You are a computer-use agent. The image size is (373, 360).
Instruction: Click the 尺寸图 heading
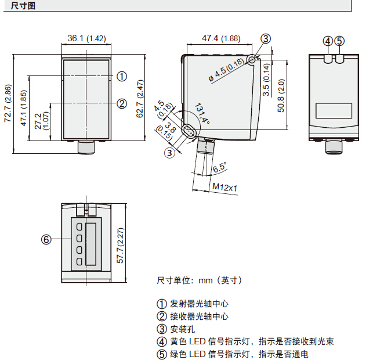coord(23,5)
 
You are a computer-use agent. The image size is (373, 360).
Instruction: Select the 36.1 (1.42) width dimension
coord(86,38)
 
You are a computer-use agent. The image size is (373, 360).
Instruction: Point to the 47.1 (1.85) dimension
coord(24,108)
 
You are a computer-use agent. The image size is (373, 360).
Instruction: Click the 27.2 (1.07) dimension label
coord(41,120)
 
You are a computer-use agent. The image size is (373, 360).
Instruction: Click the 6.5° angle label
coord(219,168)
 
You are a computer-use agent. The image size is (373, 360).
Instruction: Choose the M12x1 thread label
coord(225,187)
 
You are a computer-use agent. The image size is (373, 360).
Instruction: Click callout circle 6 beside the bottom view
coord(46,239)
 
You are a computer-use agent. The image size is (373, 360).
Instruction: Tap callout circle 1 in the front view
coord(121,76)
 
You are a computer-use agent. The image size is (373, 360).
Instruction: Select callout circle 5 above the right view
coord(339,41)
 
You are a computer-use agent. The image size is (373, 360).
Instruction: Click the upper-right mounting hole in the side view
coord(251,60)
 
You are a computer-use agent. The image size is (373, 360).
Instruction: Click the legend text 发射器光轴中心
coord(198,304)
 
